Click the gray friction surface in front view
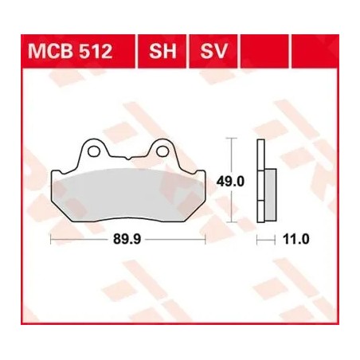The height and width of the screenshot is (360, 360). coord(127,189)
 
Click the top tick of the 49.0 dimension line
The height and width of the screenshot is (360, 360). coord(231,139)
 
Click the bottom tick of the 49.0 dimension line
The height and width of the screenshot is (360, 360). coord(231,221)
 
